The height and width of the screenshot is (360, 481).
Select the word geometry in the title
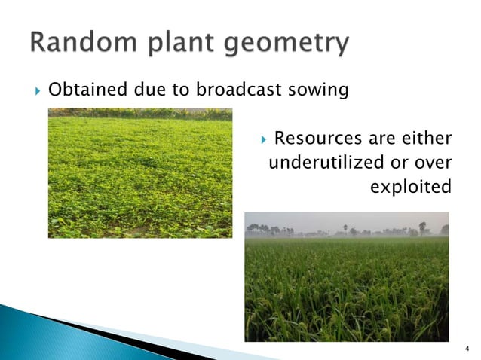(x=290, y=44)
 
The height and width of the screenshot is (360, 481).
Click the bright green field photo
(x=140, y=173)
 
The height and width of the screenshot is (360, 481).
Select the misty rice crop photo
(x=346, y=286)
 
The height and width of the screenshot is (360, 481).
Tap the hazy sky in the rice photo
(x=346, y=219)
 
